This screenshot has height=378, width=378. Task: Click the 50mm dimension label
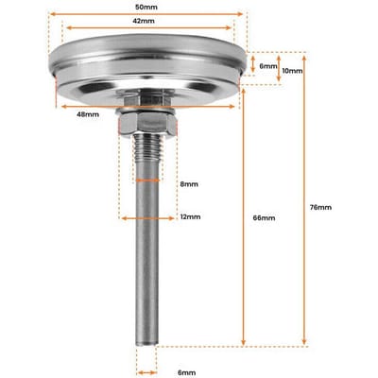pyautogui.click(x=146, y=7)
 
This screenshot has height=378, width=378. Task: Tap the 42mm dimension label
pyautogui.click(x=144, y=21)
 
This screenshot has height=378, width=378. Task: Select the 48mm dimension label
pyautogui.click(x=88, y=114)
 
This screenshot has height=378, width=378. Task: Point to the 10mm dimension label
pyautogui.click(x=292, y=71)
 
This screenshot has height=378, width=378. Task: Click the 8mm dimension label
pyautogui.click(x=189, y=184)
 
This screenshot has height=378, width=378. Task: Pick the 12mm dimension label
pyautogui.click(x=190, y=216)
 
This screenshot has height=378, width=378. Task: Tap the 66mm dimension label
pyautogui.click(x=264, y=217)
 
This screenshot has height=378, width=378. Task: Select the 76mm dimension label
pyautogui.click(x=320, y=207)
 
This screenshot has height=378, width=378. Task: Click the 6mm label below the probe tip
pyautogui.click(x=186, y=372)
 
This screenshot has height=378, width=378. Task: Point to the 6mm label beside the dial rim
pyautogui.click(x=268, y=66)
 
